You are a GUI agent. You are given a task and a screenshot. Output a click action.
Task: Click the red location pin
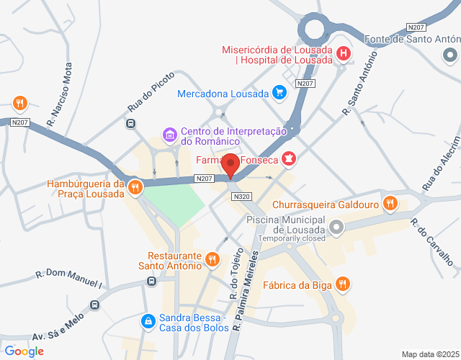click(x=230, y=166)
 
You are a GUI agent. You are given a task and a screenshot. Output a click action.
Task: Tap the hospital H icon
click(x=344, y=53)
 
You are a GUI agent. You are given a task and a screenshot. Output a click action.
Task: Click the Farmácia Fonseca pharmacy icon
click(x=289, y=159)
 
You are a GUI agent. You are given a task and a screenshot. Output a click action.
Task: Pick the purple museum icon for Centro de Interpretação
click(x=170, y=135)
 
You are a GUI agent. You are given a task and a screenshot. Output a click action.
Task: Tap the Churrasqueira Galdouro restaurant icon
click(x=390, y=203)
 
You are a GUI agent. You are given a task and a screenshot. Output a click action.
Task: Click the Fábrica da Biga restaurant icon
click(x=343, y=284)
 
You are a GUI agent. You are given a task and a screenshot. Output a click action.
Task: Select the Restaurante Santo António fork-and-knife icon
click(x=212, y=259)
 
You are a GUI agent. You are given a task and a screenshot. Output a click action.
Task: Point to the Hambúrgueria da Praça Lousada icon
click(x=135, y=188)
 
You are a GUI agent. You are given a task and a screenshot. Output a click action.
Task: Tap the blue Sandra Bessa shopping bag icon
click(x=148, y=320)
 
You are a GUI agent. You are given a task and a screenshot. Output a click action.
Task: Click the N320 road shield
click(x=242, y=197)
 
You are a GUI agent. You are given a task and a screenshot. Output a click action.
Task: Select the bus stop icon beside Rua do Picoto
click(x=131, y=123)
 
